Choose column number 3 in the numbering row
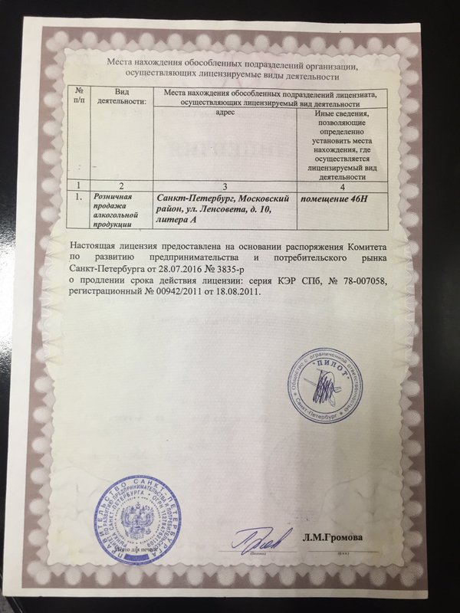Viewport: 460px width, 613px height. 225,185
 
